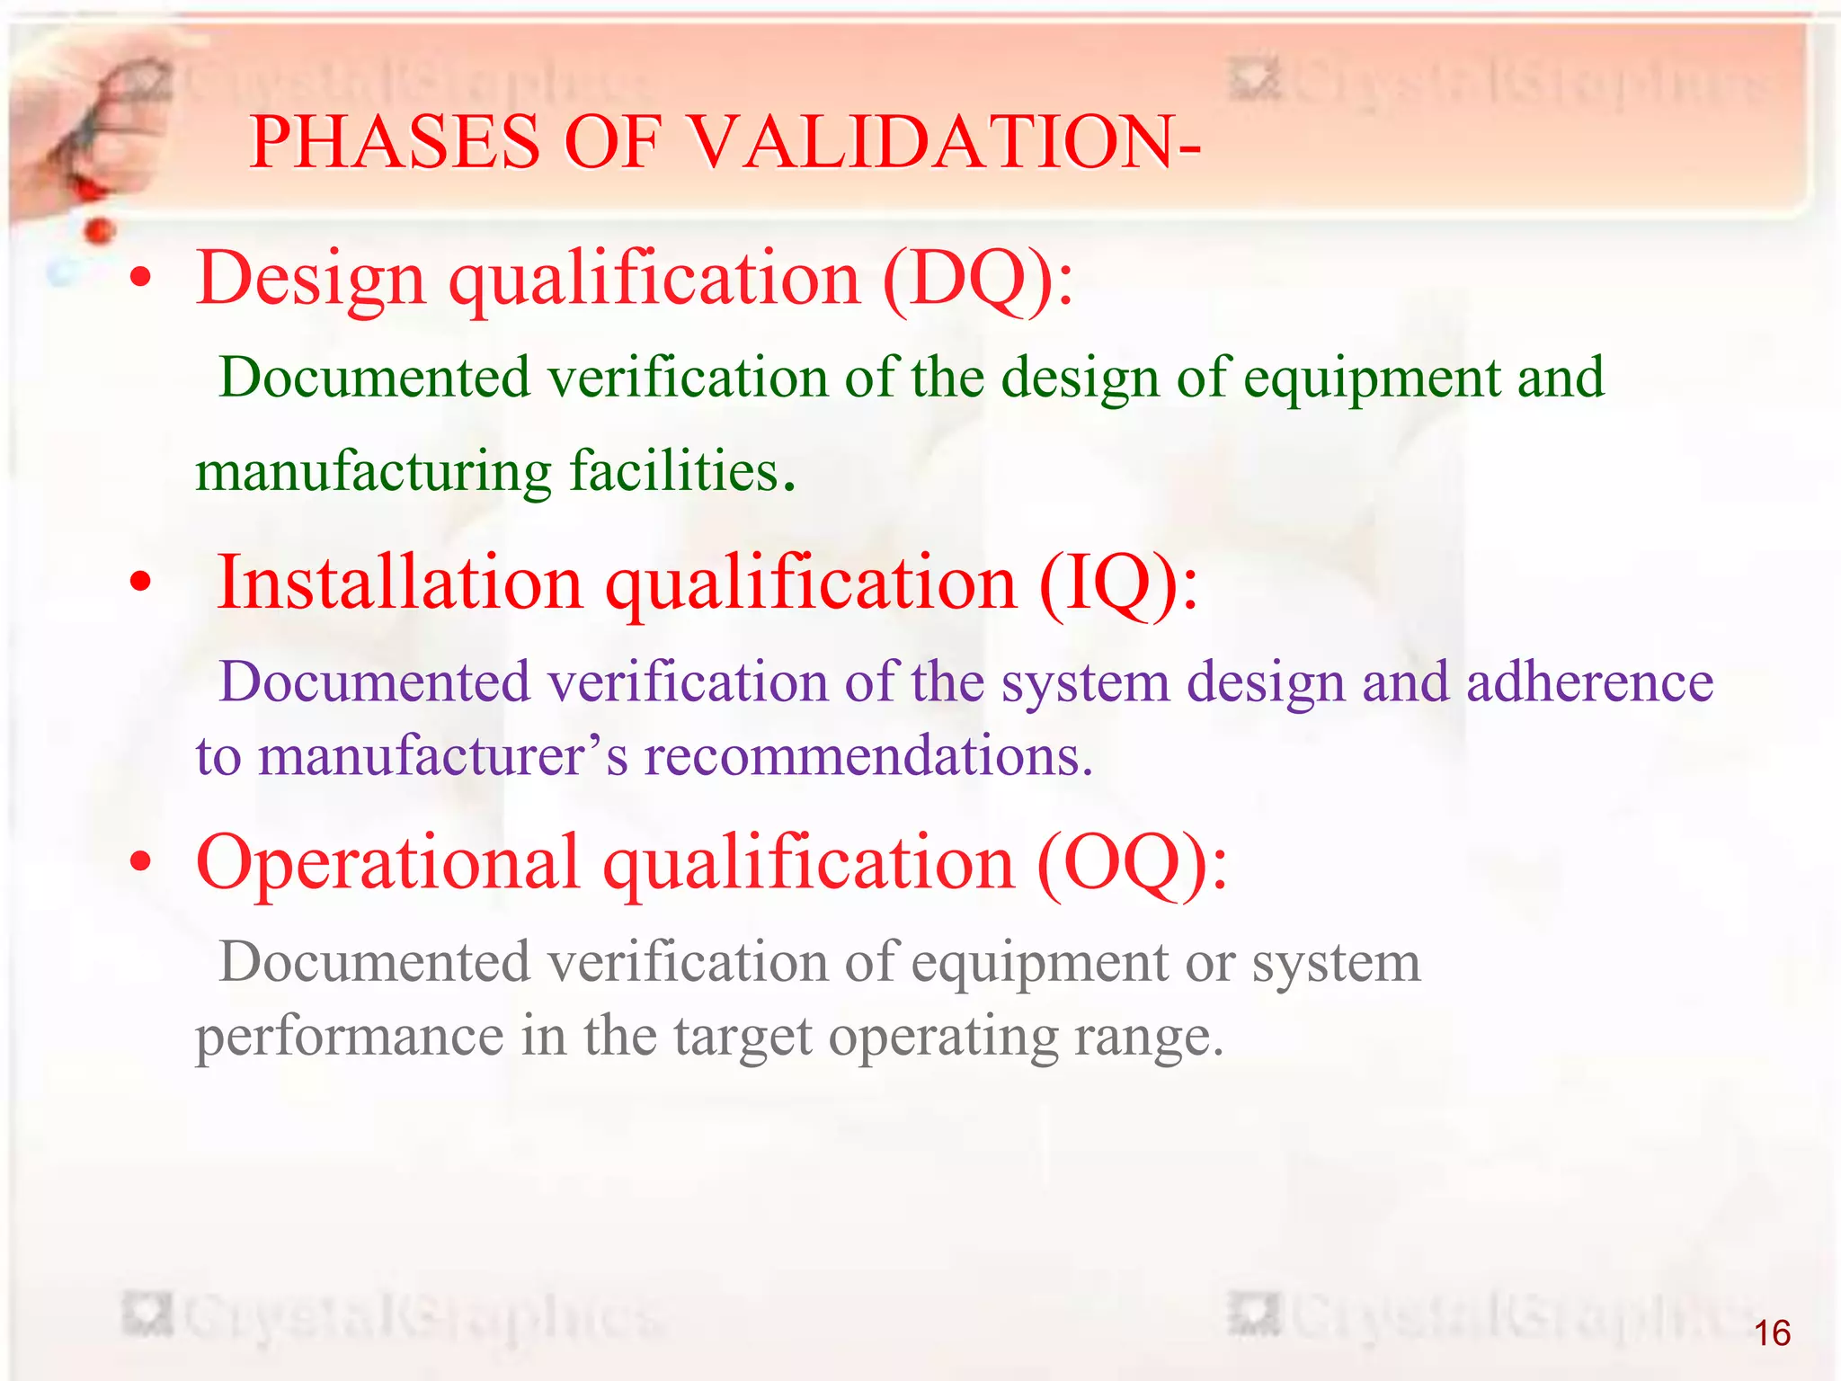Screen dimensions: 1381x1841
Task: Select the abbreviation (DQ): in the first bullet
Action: point(978,279)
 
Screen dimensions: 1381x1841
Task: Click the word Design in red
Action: point(310,279)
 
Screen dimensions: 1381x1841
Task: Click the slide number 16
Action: point(1772,1333)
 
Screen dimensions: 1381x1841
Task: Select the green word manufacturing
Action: point(373,471)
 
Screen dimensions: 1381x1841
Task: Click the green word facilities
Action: point(674,471)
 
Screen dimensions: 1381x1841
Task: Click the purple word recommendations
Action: point(867,755)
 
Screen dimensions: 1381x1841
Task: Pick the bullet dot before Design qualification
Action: point(140,279)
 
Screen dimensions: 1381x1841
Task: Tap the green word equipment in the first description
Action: point(1371,378)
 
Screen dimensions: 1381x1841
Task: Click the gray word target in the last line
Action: point(743,1036)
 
